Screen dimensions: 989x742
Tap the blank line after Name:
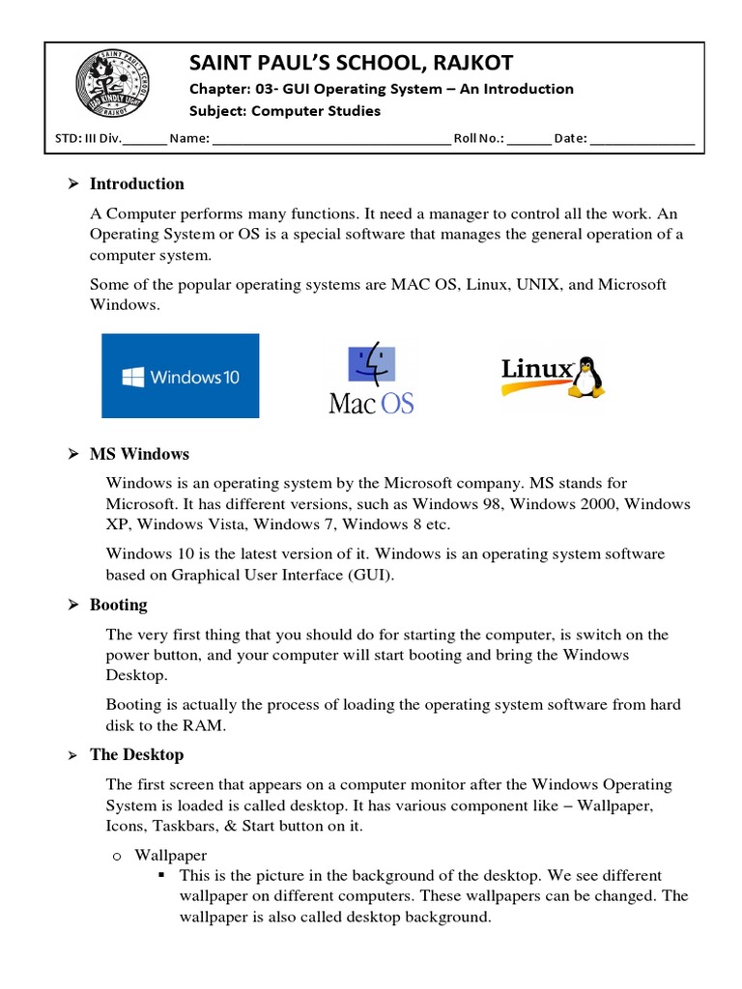330,139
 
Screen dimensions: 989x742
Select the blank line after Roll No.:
528,139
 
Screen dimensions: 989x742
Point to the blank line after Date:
642,139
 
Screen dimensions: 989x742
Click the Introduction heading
136,184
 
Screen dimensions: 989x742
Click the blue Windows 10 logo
181,376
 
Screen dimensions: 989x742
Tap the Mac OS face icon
371,365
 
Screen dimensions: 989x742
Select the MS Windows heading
139,454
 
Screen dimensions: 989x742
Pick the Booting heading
118,605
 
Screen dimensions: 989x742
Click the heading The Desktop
136,754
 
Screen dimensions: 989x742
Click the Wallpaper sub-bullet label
171,855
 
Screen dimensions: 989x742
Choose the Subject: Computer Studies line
284,111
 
